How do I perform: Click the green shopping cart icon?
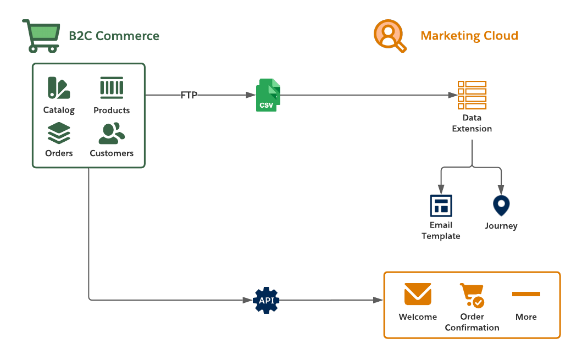pyautogui.click(x=41, y=36)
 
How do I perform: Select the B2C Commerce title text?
pyautogui.click(x=114, y=36)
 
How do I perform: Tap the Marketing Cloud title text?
pyautogui.click(x=469, y=36)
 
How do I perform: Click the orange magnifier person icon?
pyautogui.click(x=390, y=36)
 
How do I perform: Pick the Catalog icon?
pyautogui.click(x=58, y=88)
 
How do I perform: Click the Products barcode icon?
pyautogui.click(x=112, y=88)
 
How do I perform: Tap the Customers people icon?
pyautogui.click(x=112, y=133)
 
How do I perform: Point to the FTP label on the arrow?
pyautogui.click(x=189, y=95)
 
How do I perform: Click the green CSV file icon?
pyautogui.click(x=268, y=95)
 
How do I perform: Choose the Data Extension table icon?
pyautogui.click(x=472, y=95)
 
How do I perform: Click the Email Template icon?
pyautogui.click(x=441, y=206)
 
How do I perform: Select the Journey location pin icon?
pyautogui.click(x=501, y=206)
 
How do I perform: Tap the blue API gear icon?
pyautogui.click(x=267, y=300)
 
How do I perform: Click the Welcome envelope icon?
pyautogui.click(x=418, y=294)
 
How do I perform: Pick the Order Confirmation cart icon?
pyautogui.click(x=472, y=296)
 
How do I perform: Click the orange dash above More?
pyautogui.click(x=526, y=294)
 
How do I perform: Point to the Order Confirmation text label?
pyautogui.click(x=472, y=322)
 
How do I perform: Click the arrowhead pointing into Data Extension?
pyautogui.click(x=453, y=95)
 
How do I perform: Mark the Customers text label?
pyautogui.click(x=112, y=153)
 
